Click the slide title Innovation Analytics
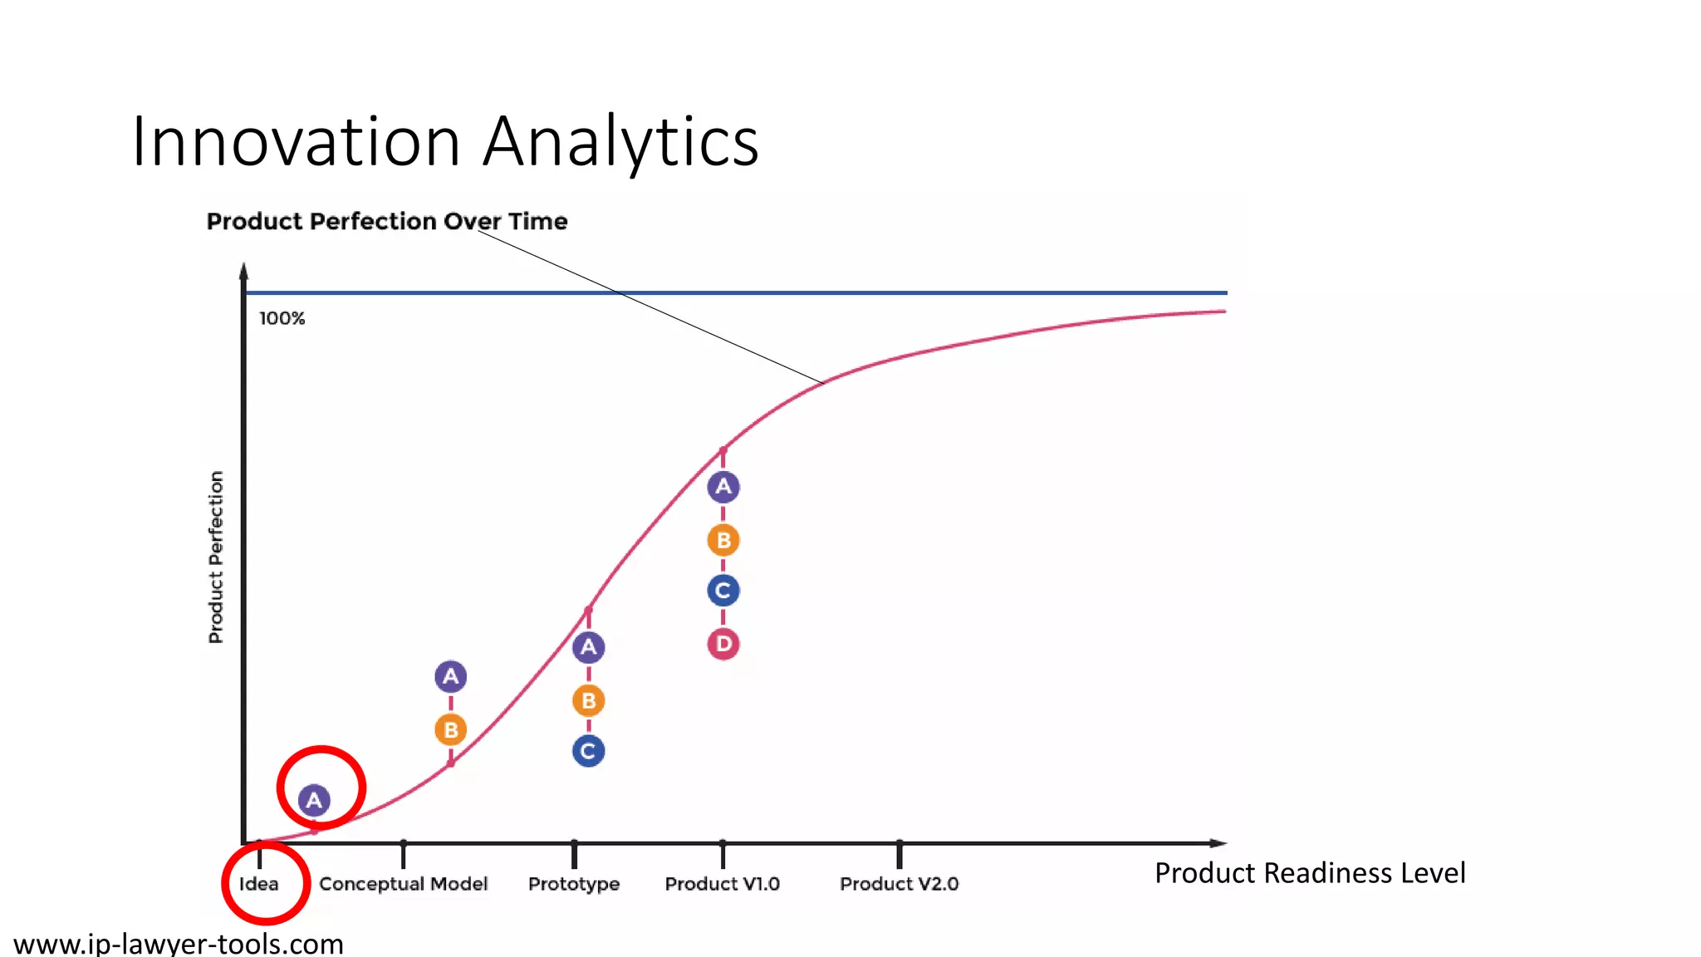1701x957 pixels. pyautogui.click(x=445, y=141)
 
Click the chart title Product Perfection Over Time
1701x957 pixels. pyautogui.click(x=387, y=222)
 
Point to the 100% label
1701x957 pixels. pyautogui.click(x=282, y=318)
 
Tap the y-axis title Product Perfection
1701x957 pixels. pyautogui.click(x=216, y=557)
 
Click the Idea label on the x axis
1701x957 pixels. pyautogui.click(x=259, y=884)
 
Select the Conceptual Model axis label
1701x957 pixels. pyautogui.click(x=403, y=884)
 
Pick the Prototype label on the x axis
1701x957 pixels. pyautogui.click(x=574, y=884)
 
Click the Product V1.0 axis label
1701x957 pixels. pyautogui.click(x=722, y=884)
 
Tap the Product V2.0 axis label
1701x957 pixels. pyautogui.click(x=899, y=884)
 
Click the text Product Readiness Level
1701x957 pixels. pyautogui.click(x=1310, y=873)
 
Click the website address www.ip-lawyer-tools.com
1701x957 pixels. pyautogui.click(x=179, y=944)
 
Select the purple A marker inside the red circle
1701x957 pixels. pyautogui.click(x=314, y=800)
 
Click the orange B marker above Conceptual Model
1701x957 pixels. pyautogui.click(x=451, y=730)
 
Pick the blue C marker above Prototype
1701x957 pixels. pyautogui.click(x=588, y=751)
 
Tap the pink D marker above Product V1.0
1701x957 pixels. pyautogui.click(x=723, y=644)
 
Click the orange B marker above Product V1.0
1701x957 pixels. pyautogui.click(x=723, y=541)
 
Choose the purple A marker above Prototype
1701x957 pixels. pyautogui.click(x=588, y=647)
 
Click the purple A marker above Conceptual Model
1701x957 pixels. pyautogui.click(x=451, y=676)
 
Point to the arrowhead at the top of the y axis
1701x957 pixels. pyautogui.click(x=243, y=271)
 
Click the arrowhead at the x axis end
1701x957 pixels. pyautogui.click(x=1218, y=843)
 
